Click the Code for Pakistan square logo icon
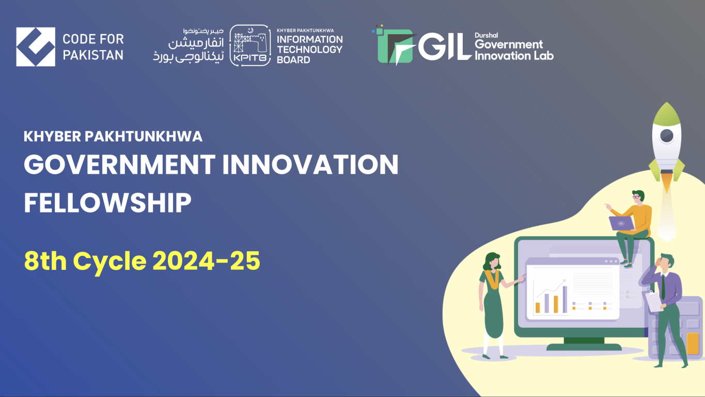36,47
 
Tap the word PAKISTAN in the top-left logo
93,54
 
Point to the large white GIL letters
444,48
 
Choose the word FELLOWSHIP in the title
107,203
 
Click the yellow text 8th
45,262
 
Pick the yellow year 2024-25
206,262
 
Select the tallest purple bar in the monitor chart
565,300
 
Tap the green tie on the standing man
663,287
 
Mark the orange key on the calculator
693,343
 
